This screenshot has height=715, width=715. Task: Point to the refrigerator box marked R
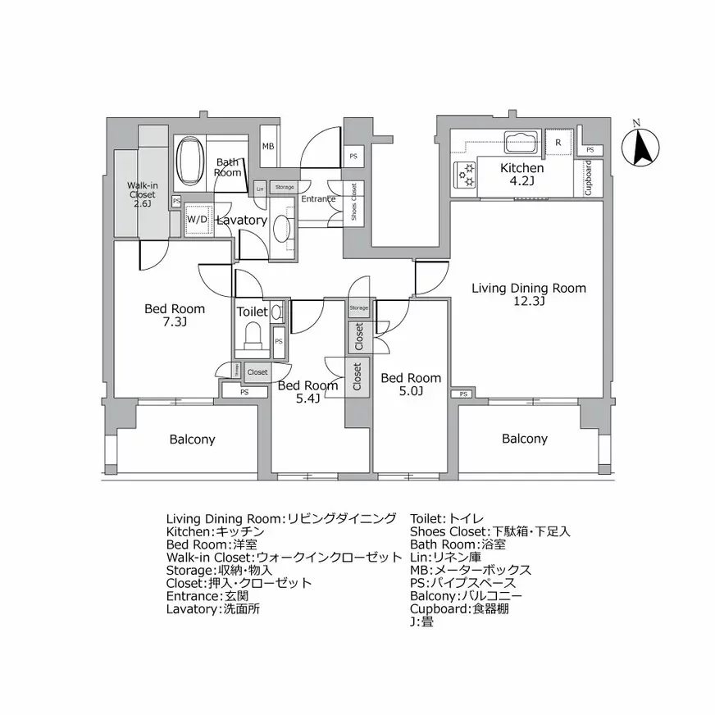[558, 143]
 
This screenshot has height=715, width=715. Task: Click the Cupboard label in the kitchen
[588, 178]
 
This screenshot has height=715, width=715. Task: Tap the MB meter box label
[268, 147]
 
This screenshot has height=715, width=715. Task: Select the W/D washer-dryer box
[197, 220]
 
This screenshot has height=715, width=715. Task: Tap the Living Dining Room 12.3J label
[528, 294]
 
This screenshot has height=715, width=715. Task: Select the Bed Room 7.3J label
[175, 315]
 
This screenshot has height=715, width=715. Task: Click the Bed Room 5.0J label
[411, 385]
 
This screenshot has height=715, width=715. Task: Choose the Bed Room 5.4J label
[307, 391]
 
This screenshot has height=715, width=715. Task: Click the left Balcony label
[192, 439]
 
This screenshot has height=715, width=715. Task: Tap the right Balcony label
[525, 439]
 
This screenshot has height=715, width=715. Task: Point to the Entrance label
[318, 199]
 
